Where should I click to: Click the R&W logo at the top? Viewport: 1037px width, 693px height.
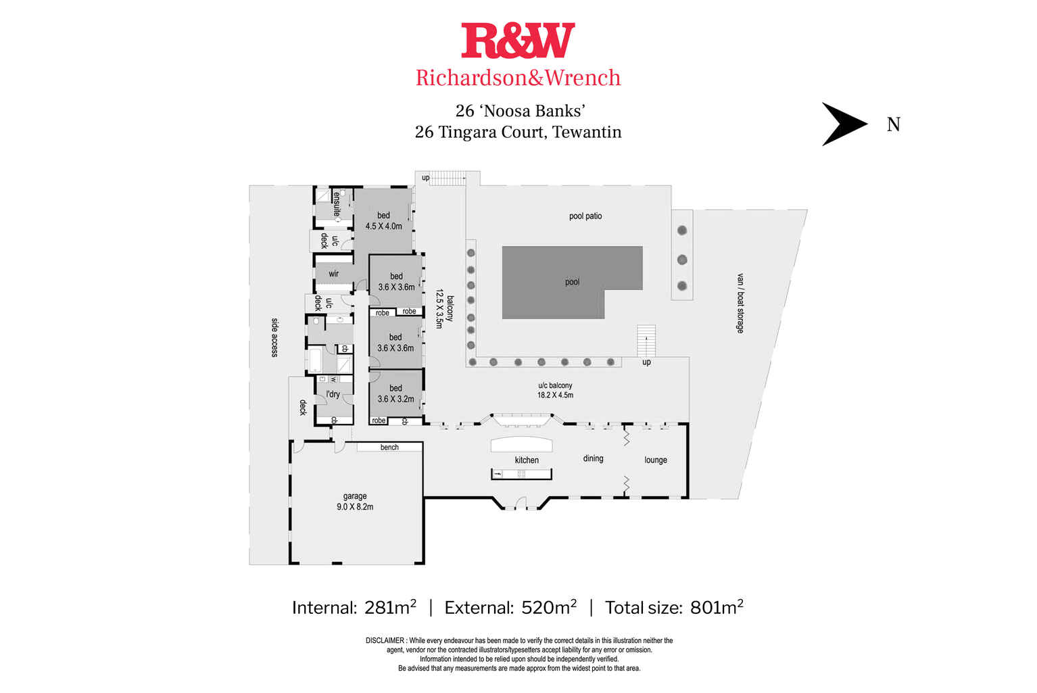[518, 41]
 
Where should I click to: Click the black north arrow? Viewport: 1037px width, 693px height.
[843, 124]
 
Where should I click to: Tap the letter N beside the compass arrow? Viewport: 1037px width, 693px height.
[893, 124]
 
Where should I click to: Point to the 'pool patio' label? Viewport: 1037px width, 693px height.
[585, 216]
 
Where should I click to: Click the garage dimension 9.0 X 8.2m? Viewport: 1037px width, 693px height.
[355, 506]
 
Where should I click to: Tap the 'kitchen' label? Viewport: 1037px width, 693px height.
[527, 460]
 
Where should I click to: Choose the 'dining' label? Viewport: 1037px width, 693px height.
[593, 458]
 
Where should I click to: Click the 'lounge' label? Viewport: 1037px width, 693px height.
[655, 460]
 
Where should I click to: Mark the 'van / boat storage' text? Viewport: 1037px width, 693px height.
[740, 303]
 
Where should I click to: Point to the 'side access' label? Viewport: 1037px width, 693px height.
[274, 337]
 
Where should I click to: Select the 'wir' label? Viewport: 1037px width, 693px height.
[333, 274]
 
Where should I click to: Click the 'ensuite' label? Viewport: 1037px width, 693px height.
[337, 203]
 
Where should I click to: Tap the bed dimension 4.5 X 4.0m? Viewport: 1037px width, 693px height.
[383, 226]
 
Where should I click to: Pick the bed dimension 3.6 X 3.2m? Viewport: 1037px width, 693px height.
[395, 399]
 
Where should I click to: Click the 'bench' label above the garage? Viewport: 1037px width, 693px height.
[389, 448]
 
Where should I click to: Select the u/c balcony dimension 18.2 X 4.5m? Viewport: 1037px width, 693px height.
[555, 395]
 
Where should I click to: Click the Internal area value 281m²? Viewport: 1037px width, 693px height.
[390, 608]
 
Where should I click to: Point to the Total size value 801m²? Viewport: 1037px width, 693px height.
[717, 608]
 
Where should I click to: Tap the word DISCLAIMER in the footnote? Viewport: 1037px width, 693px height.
[385, 640]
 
